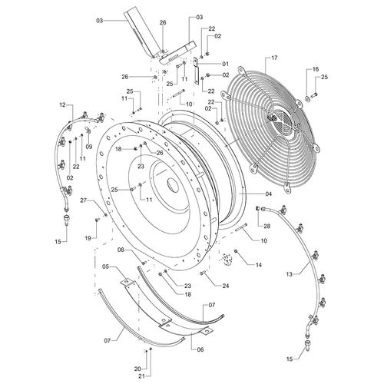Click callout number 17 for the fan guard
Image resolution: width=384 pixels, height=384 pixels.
[x=274, y=58]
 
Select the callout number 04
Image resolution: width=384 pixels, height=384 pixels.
[x=268, y=194]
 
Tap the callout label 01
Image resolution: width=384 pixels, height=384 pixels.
[x=225, y=64]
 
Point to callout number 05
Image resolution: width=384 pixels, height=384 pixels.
[x=106, y=266]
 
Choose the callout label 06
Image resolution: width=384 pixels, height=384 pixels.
[x=200, y=349]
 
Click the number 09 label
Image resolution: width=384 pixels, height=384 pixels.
[x=89, y=147]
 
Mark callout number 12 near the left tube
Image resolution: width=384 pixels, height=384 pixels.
[x=62, y=104]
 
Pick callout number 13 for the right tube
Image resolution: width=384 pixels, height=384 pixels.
[x=289, y=274]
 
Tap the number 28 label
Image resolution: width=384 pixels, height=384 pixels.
[x=266, y=227]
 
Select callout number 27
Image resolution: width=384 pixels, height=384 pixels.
[x=84, y=200]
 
